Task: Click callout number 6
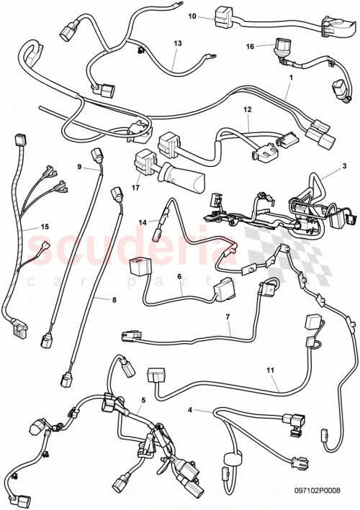click(x=179, y=276)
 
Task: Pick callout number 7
click(x=228, y=317)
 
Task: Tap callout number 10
click(x=192, y=15)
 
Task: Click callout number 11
click(x=271, y=372)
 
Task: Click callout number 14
click(x=143, y=223)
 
